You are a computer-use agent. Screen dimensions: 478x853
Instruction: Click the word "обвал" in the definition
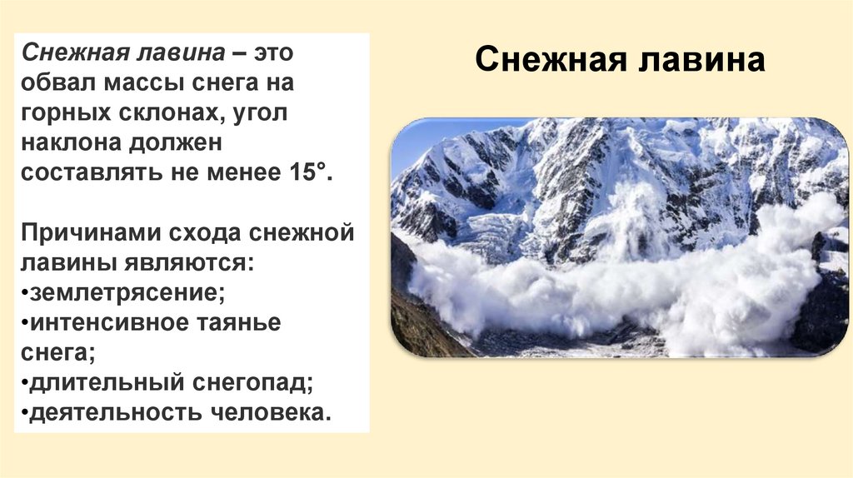click(58, 84)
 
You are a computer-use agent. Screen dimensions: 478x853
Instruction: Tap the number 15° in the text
click(302, 173)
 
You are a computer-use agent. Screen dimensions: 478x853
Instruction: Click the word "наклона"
click(70, 143)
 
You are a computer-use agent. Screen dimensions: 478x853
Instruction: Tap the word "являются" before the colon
click(191, 263)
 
